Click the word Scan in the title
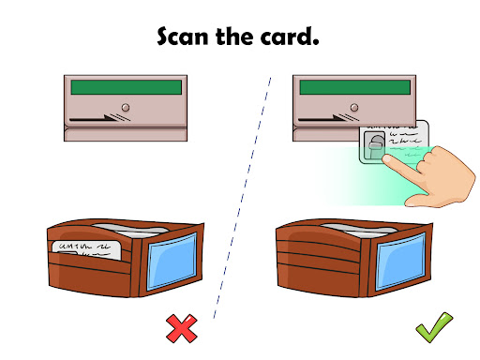pos(183,37)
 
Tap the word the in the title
pos(234,37)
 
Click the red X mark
pos(182,328)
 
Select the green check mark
pos(434,327)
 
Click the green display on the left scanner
pos(127,87)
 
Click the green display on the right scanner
pos(355,87)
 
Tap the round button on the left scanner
pos(126,108)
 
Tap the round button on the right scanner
pos(354,108)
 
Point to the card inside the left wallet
pos(86,249)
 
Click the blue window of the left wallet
pos(172,262)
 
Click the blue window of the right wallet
pos(401,262)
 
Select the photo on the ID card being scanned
pos(374,146)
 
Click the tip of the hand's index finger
pos(386,158)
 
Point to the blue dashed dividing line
pos(242,198)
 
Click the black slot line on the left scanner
pos(94,119)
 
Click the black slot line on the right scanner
pos(322,119)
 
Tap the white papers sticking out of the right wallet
pos(359,230)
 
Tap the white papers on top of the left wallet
pos(130,230)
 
